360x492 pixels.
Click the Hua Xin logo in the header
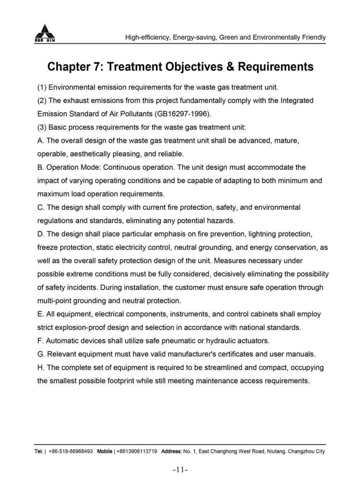[45, 33]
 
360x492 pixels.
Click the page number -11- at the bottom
[180, 469]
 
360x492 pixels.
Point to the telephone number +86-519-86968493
[71, 451]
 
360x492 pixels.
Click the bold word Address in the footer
[171, 451]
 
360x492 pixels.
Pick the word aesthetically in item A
[90, 154]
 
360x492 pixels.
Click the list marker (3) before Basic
[42, 127]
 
